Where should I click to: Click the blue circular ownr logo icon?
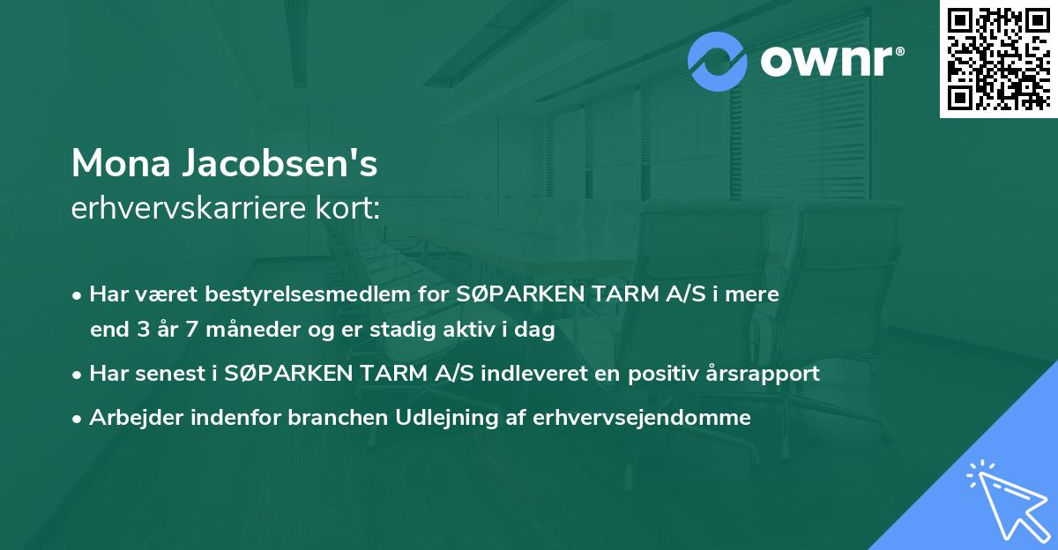(718, 62)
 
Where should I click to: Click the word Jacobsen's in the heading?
(280, 163)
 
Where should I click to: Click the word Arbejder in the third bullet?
(128, 418)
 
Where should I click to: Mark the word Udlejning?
(431, 418)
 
